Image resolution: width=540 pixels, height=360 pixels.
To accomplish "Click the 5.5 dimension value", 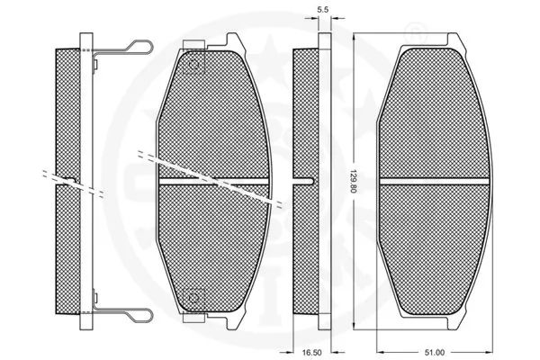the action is tap(322, 10).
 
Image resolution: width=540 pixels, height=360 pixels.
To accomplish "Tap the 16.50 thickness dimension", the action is tap(311, 353).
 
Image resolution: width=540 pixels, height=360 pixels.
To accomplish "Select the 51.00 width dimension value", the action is tap(435, 353).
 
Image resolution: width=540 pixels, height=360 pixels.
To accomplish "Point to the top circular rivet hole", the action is tap(193, 65).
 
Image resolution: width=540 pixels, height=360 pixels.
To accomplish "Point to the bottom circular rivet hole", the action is tap(193, 298).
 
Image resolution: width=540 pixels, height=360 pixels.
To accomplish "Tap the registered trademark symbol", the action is tap(416, 31).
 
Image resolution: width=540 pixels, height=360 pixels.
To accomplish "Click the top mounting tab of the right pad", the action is tap(453, 39).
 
